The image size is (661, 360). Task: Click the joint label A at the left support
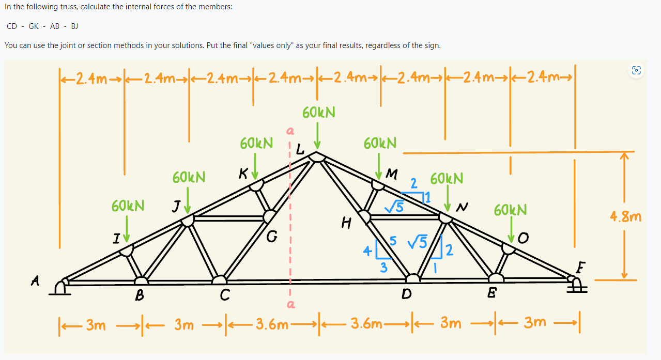[x=35, y=280]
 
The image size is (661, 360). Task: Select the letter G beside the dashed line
[x=272, y=238]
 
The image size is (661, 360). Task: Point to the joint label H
[x=346, y=223]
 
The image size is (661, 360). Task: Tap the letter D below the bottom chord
[x=407, y=295]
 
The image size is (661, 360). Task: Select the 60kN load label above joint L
[x=318, y=112]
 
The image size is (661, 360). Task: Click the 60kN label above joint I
[x=128, y=206]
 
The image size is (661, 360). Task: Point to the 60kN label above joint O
[x=510, y=210]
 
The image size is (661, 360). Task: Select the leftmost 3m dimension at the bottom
[x=96, y=325]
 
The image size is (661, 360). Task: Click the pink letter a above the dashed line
[x=289, y=132]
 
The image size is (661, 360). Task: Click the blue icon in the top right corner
[x=636, y=71]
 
